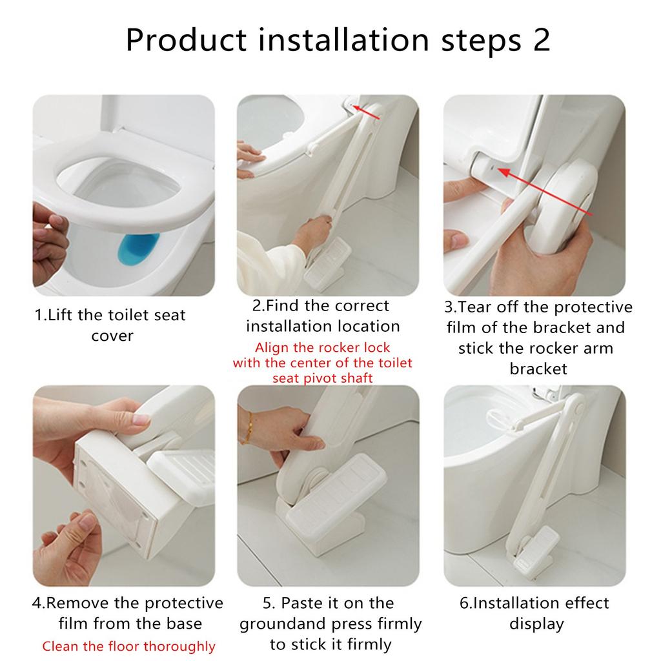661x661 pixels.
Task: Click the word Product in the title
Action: coord(186,40)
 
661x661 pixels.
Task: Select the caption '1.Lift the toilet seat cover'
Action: coord(110,325)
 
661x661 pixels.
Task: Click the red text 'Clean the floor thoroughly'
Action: coord(128,646)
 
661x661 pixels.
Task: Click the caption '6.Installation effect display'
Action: coord(534,613)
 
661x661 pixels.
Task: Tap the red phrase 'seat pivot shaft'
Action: coord(322,378)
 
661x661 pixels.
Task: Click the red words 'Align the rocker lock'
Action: coord(322,347)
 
